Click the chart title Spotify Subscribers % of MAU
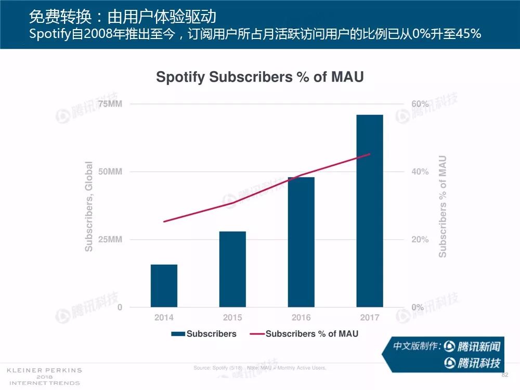[260, 77]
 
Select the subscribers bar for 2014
[164, 285]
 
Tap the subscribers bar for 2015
[232, 269]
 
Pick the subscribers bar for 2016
[301, 242]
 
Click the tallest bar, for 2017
[370, 211]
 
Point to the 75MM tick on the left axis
[110, 104]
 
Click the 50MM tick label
[110, 172]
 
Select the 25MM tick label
[110, 240]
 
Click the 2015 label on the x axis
[232, 317]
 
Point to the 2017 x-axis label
[370, 317]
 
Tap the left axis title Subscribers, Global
[89, 206]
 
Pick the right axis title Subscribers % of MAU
[443, 206]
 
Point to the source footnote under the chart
[259, 368]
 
